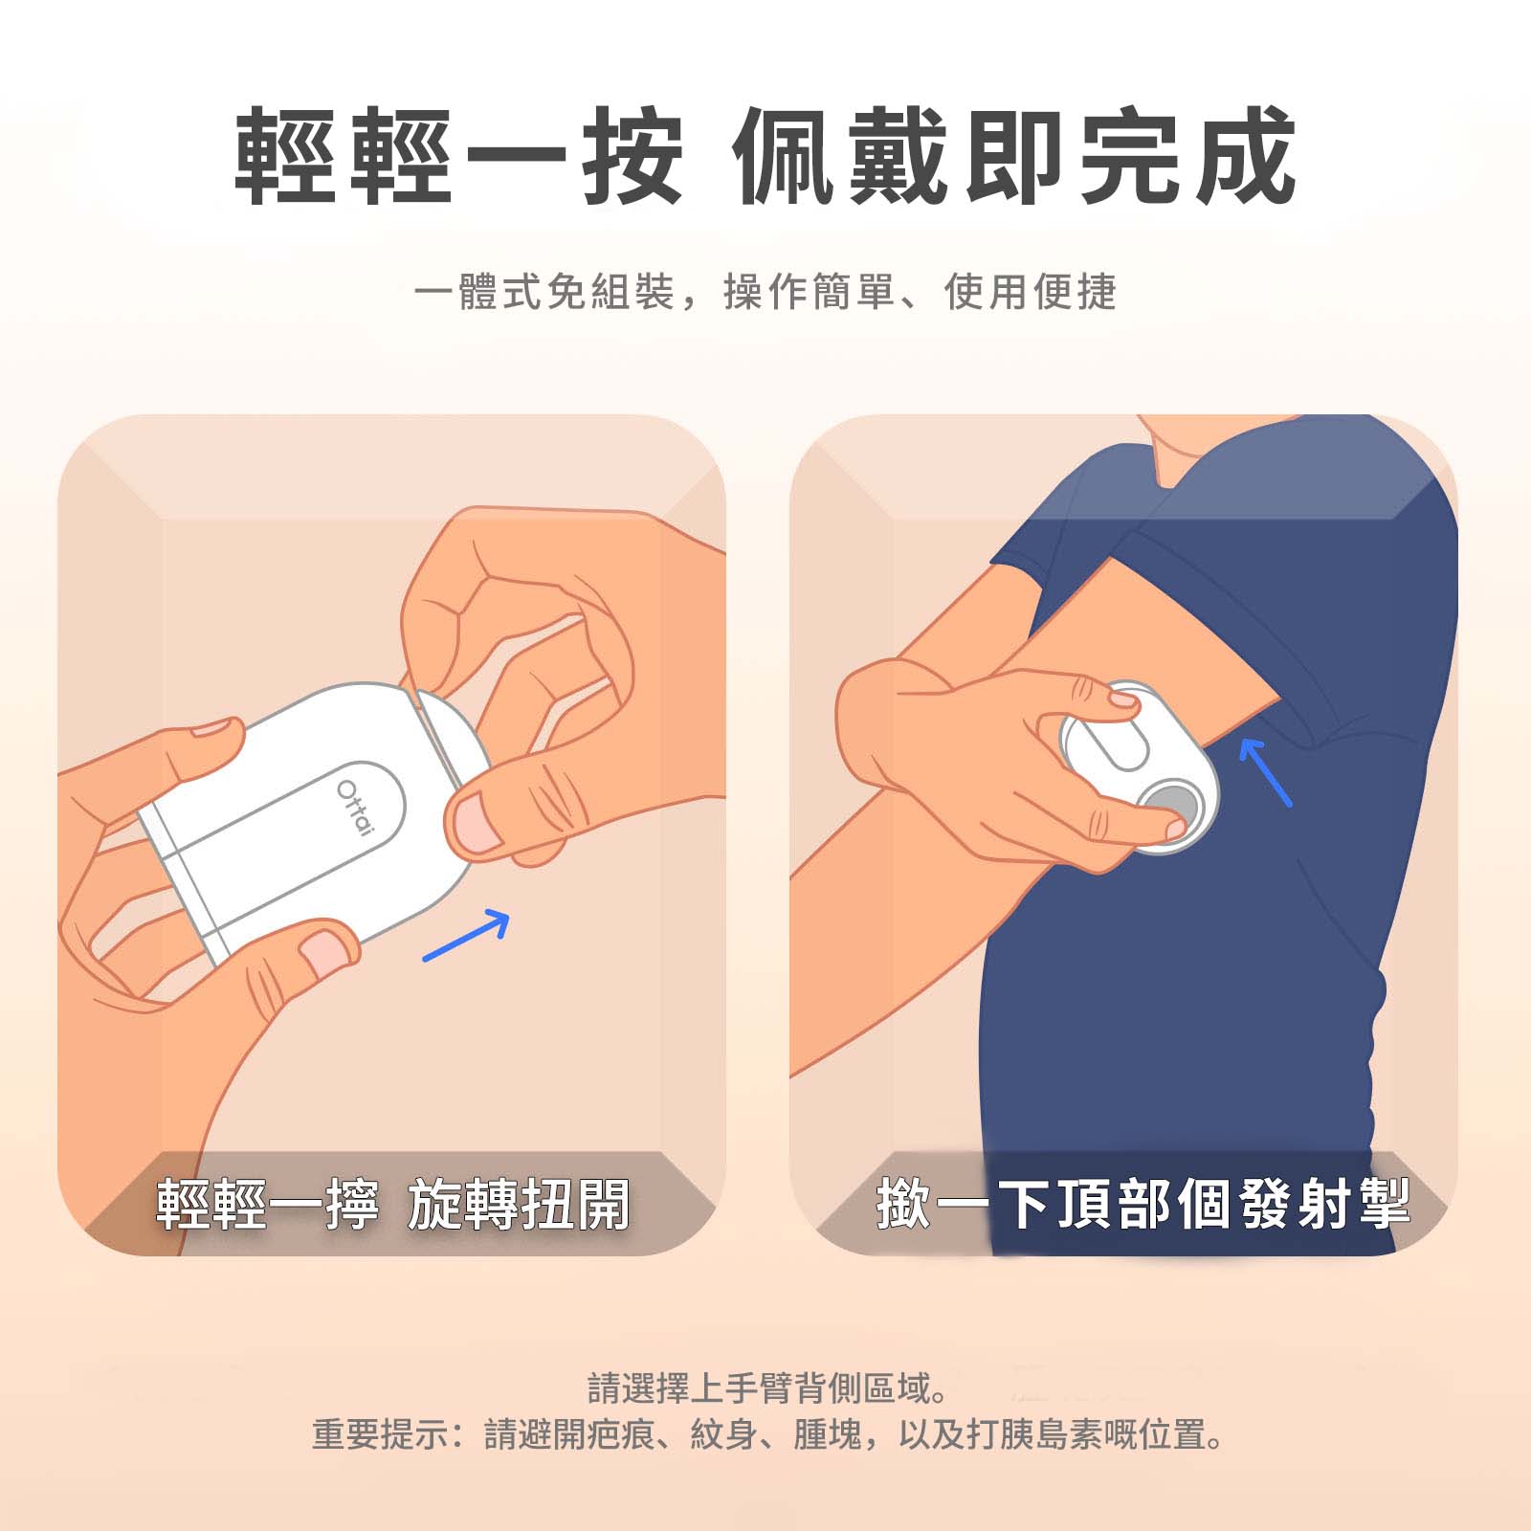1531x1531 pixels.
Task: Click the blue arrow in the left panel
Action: coord(466,935)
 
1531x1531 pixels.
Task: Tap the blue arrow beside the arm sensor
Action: coord(1265,772)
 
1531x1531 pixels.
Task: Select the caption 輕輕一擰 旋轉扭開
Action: coord(393,1204)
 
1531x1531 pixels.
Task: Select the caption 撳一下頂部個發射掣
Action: coord(1143,1204)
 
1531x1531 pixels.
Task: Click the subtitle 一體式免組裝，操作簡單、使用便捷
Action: coord(765,292)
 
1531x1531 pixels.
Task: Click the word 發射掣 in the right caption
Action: coord(1325,1204)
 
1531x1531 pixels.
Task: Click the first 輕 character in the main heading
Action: coord(286,156)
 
